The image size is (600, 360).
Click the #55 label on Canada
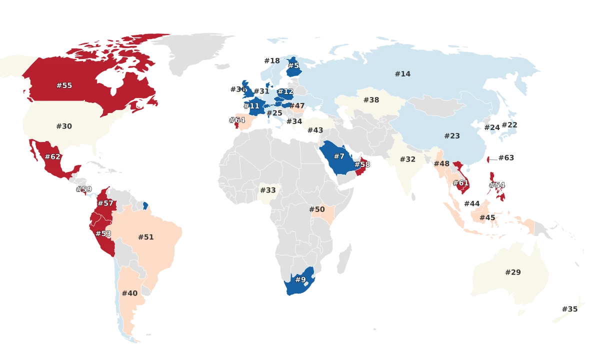(x=64, y=85)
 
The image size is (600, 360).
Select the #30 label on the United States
(x=64, y=126)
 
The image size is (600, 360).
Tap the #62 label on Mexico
(x=52, y=157)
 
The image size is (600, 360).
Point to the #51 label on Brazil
(x=145, y=237)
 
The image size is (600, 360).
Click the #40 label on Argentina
(x=129, y=293)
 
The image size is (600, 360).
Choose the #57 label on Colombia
(x=105, y=203)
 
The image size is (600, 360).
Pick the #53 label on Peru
(x=103, y=233)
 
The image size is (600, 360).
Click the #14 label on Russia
(x=402, y=74)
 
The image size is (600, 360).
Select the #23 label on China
(x=452, y=136)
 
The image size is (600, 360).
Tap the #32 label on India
(x=407, y=159)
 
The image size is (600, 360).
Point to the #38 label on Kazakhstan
(x=371, y=100)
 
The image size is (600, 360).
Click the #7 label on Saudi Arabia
(x=339, y=156)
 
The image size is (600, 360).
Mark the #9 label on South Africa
(x=300, y=279)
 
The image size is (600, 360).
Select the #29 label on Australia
(x=512, y=272)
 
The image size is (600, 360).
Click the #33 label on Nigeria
(x=268, y=190)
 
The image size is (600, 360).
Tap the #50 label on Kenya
(x=317, y=209)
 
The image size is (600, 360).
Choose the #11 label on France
(x=252, y=106)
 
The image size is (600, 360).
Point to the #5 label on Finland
(x=293, y=65)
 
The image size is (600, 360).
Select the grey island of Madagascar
(x=344, y=257)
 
